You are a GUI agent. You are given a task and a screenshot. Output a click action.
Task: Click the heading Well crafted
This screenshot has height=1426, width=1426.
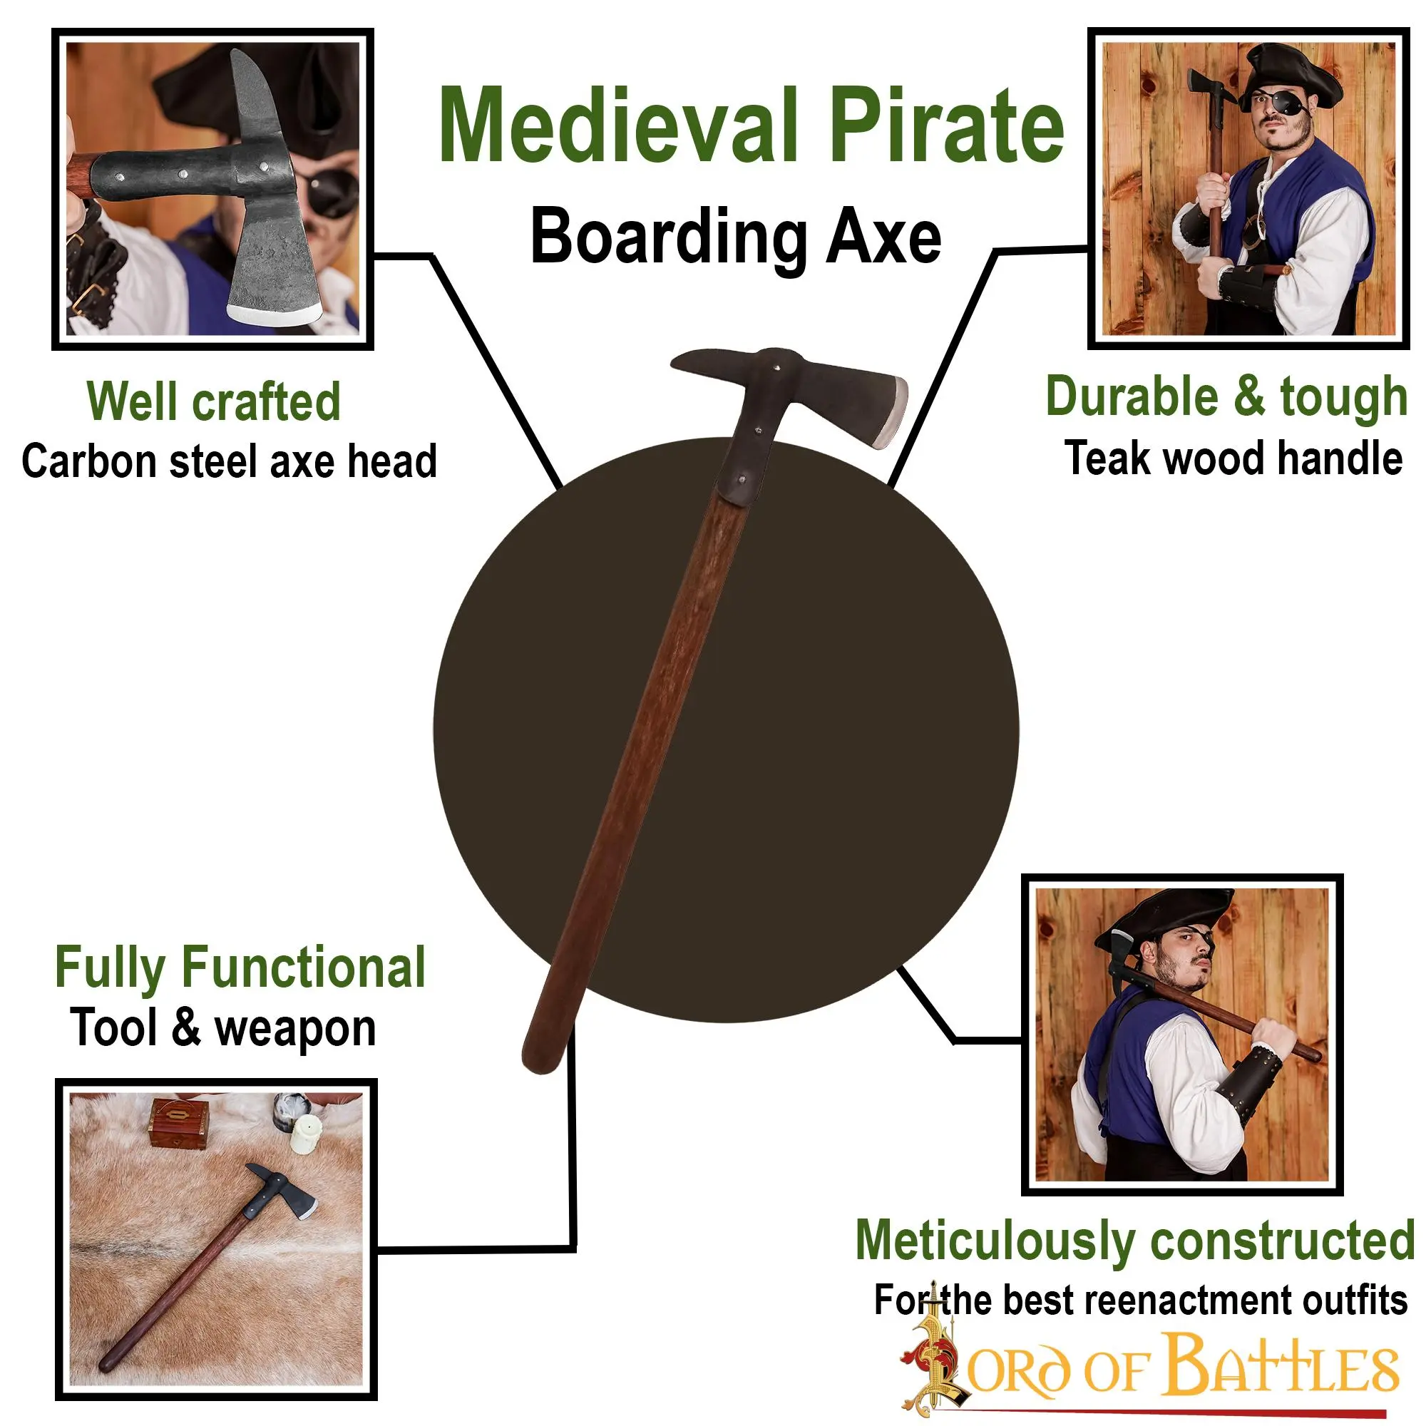coord(213,401)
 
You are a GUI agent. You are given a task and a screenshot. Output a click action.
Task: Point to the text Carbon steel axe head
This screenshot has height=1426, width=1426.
coord(229,461)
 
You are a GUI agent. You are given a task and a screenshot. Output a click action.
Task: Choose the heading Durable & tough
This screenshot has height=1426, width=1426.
coord(1226,397)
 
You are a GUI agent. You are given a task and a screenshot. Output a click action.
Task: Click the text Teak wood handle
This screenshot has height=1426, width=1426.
coord(1233,458)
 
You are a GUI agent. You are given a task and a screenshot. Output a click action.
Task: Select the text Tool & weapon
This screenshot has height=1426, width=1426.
coord(223,1027)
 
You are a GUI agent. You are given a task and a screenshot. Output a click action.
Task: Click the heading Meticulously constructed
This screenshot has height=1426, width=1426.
coord(1134,1240)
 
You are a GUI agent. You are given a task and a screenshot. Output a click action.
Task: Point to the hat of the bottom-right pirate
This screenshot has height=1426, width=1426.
coord(1159,919)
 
